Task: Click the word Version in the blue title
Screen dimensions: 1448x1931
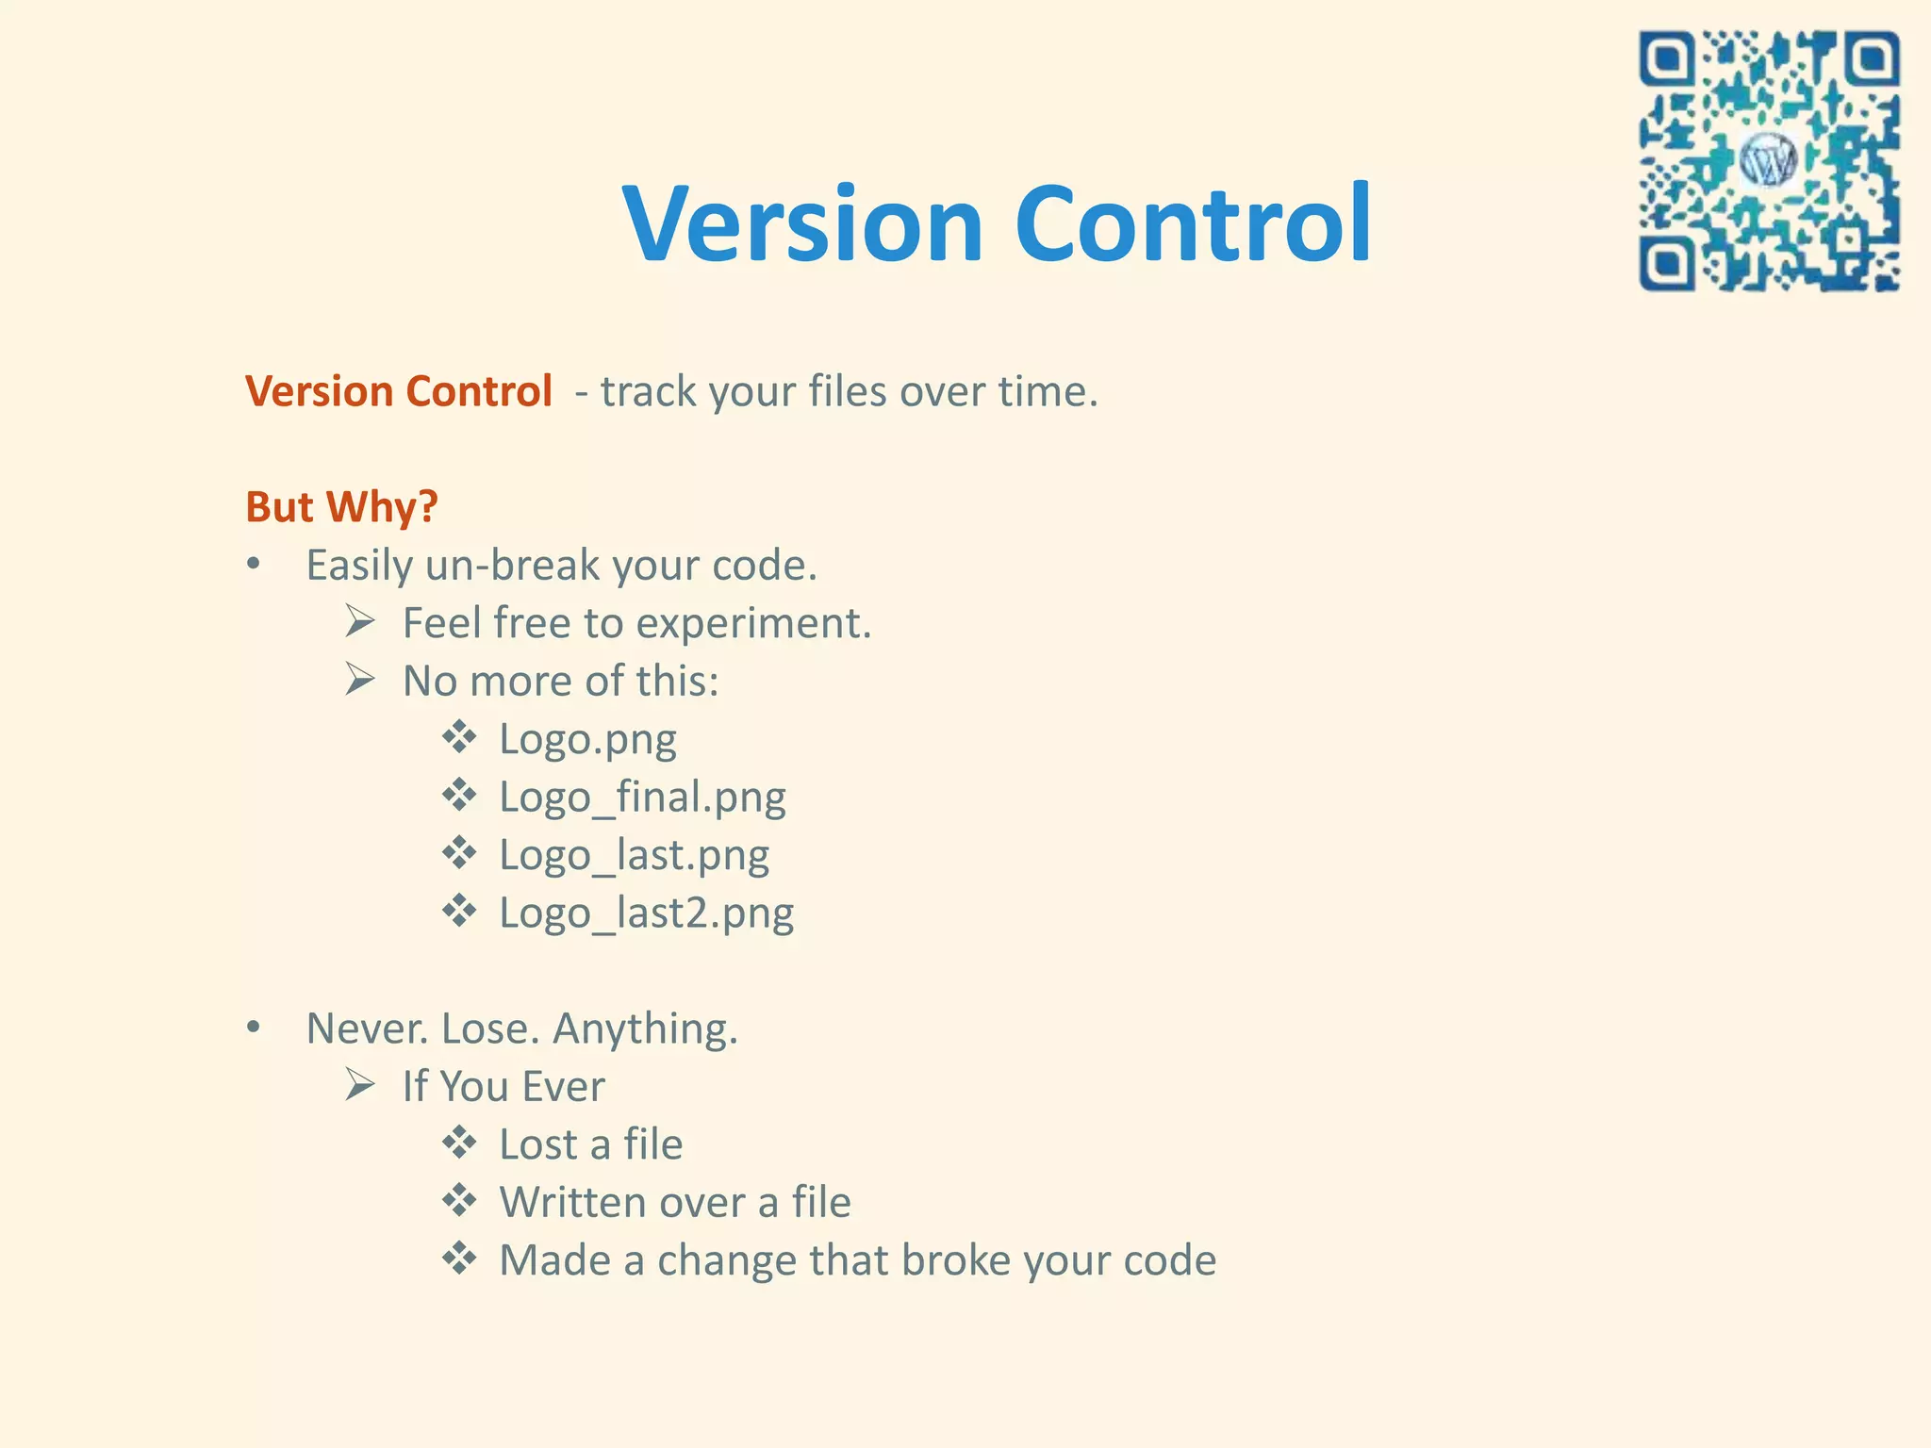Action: [x=802, y=224]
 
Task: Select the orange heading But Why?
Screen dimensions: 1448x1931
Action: [x=341, y=506]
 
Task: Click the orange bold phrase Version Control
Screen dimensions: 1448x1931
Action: [x=398, y=391]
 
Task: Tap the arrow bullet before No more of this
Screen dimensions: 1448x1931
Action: [x=360, y=680]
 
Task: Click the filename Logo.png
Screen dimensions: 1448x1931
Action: [x=587, y=739]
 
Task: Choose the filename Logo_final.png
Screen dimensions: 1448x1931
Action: [x=642, y=798]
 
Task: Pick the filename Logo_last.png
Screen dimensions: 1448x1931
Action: [x=634, y=856]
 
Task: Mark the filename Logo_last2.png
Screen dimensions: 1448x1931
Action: [x=646, y=913]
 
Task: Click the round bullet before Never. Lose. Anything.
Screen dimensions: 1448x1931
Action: [x=253, y=1028]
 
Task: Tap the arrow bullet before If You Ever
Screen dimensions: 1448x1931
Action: [x=360, y=1085]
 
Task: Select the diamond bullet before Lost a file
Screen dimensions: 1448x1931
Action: [x=459, y=1143]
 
